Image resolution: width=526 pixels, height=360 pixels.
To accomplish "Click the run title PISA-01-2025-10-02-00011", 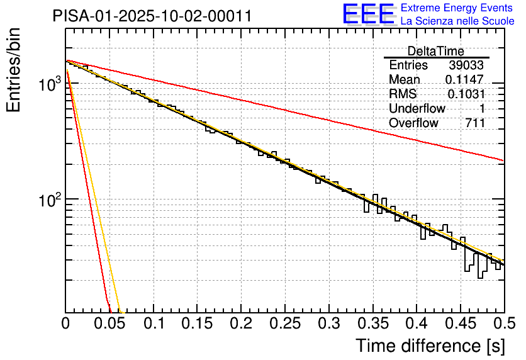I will [152, 16].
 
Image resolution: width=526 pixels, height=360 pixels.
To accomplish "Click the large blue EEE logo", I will [369, 14].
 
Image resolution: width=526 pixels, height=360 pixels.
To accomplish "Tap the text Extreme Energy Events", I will [457, 8].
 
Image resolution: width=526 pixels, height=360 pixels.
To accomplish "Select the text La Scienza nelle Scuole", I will [457, 21].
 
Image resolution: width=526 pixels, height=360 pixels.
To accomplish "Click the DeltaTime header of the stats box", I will [436, 51].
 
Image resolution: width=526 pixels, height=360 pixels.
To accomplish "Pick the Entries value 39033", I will [467, 65].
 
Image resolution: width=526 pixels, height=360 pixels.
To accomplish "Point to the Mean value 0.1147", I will [464, 80].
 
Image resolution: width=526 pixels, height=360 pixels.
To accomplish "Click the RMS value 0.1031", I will [466, 94].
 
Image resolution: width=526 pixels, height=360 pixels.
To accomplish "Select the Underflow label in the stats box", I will [417, 109].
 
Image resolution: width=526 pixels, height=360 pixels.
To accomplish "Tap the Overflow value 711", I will [475, 123].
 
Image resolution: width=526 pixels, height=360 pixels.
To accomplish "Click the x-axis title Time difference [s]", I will [430, 346].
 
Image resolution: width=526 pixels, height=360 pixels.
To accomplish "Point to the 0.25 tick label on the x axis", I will [285, 324].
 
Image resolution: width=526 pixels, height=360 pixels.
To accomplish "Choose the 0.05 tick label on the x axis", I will [109, 324].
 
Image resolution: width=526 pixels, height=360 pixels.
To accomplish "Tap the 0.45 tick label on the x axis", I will [461, 324].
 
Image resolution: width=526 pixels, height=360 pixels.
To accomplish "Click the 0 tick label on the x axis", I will [66, 324].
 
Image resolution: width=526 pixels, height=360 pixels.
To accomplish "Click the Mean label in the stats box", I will [405, 80].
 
